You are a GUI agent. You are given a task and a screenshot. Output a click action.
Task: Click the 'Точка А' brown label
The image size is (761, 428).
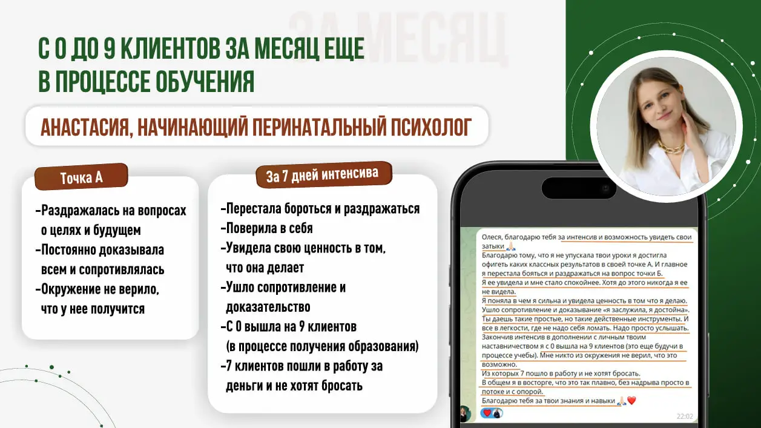[81, 177]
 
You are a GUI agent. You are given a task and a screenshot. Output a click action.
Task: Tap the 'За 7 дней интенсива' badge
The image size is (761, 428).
[324, 174]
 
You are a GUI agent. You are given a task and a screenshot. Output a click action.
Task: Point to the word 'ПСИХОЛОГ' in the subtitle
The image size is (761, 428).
[431, 127]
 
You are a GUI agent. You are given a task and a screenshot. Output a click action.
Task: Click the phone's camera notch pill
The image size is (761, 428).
[579, 188]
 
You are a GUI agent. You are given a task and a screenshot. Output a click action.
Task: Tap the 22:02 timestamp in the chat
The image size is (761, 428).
[684, 416]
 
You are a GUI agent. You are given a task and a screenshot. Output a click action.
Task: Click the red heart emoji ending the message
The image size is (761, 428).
[631, 401]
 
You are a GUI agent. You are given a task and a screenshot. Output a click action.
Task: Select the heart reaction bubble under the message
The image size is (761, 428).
[491, 413]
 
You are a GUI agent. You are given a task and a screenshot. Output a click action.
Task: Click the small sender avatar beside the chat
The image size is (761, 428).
[465, 413]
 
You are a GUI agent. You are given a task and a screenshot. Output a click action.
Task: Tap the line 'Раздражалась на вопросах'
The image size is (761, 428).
[111, 211]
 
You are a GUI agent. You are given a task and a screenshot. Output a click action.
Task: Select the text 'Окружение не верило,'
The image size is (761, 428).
[97, 289]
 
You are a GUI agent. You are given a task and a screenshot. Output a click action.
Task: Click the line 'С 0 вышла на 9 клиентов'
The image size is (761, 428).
[289, 327]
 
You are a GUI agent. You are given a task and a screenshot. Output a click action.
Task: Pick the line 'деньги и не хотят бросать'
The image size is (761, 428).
[294, 386]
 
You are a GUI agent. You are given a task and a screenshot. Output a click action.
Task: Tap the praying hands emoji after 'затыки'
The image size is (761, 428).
[511, 246]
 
